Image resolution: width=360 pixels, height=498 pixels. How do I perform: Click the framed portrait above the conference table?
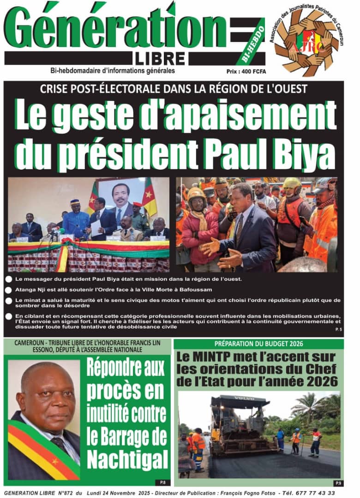[121, 199]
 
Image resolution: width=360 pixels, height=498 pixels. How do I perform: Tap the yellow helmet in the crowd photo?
[293, 186]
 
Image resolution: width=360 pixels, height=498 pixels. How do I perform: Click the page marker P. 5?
[338, 330]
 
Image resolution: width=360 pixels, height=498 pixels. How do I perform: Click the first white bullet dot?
[9, 280]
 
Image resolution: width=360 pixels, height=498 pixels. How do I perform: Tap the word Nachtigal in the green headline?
[120, 458]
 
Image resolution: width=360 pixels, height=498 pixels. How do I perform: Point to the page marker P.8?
[163, 482]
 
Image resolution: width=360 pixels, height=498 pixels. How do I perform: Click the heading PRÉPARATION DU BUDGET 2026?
[258, 344]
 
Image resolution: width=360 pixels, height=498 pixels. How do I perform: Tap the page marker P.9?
[338, 483]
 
